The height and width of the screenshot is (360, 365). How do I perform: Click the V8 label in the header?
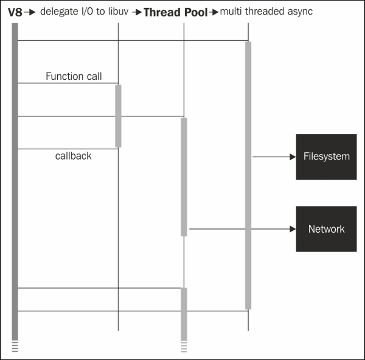(15, 12)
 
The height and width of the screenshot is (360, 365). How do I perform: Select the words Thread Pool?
(176, 12)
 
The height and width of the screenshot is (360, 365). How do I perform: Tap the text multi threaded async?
(266, 12)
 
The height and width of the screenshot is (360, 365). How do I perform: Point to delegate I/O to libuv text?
(85, 12)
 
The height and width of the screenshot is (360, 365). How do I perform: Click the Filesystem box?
(326, 157)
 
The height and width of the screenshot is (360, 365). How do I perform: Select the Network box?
(326, 229)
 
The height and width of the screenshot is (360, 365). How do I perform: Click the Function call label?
(74, 76)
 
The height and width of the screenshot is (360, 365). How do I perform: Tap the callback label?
(74, 156)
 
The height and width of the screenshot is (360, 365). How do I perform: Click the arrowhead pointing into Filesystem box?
(293, 157)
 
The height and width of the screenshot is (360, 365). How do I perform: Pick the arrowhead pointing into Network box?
(293, 229)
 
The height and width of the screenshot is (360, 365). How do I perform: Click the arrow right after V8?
(30, 12)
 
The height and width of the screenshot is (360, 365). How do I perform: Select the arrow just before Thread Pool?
(137, 12)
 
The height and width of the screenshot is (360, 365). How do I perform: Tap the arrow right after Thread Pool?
(214, 12)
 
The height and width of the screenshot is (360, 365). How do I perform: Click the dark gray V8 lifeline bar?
(15, 182)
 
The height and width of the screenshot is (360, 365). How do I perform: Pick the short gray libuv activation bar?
(118, 116)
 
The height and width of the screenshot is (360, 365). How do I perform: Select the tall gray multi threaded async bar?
(248, 175)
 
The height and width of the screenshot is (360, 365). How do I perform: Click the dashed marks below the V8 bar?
(15, 347)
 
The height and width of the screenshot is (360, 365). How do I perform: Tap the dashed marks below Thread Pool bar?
(184, 347)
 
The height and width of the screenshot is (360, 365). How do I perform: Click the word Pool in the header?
(196, 12)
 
